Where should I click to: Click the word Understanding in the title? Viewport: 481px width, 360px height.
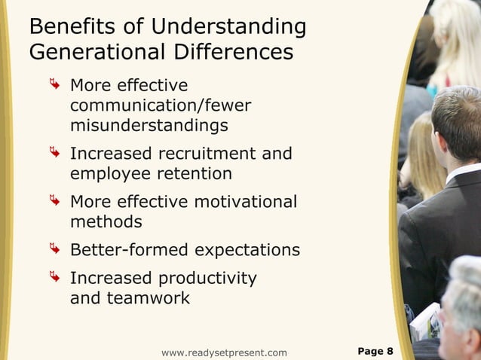pyautogui.click(x=228, y=27)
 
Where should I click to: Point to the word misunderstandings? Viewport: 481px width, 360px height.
pyautogui.click(x=149, y=124)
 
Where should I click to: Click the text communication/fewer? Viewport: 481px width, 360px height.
pyautogui.click(x=161, y=105)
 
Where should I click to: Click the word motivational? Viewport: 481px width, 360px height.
pyautogui.click(x=245, y=202)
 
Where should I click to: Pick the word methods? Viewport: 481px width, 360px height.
pyautogui.click(x=106, y=221)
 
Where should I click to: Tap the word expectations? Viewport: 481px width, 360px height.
pyautogui.click(x=245, y=250)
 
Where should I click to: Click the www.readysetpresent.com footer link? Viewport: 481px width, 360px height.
pyautogui.click(x=224, y=352)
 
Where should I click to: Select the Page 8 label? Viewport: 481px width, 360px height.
pyautogui.click(x=375, y=351)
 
